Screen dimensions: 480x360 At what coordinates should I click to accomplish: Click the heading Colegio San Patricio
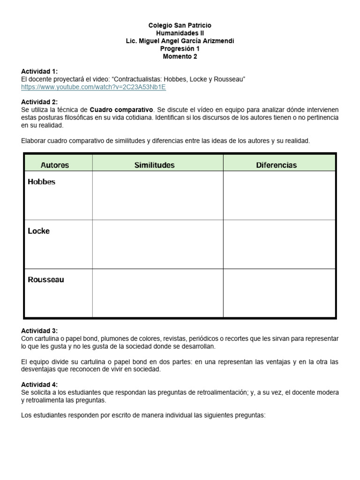click(x=180, y=25)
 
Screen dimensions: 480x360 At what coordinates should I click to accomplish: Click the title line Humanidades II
click(x=180, y=33)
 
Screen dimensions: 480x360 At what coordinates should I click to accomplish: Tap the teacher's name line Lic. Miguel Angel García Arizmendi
click(x=180, y=41)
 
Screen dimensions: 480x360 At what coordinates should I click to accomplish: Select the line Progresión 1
click(x=180, y=49)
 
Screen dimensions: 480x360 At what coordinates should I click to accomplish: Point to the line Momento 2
click(x=180, y=57)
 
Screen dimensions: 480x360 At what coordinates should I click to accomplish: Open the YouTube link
click(x=93, y=87)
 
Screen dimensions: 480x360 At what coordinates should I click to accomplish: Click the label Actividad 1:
click(x=39, y=71)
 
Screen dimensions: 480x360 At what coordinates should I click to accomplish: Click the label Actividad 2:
click(x=39, y=102)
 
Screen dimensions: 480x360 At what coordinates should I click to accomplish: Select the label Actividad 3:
click(x=39, y=331)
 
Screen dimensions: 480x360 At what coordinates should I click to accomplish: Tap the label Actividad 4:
click(x=39, y=384)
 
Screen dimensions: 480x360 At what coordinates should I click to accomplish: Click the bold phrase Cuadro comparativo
click(x=121, y=110)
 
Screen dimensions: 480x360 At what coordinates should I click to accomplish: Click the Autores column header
click(x=55, y=165)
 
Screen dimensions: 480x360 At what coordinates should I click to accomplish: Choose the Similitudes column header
click(x=154, y=165)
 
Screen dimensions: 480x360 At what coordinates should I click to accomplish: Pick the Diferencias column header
click(x=276, y=165)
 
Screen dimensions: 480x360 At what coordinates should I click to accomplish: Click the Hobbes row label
click(x=41, y=182)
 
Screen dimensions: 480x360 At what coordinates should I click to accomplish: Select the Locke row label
click(x=38, y=231)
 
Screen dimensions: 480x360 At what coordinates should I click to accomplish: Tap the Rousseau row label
click(x=46, y=280)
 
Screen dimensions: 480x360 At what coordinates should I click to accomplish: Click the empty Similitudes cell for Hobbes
click(x=157, y=195)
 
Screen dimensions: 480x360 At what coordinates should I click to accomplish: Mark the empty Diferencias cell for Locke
click(x=279, y=244)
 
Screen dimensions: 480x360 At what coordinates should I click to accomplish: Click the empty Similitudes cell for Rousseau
click(x=157, y=292)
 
